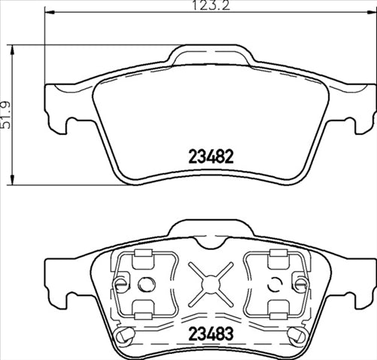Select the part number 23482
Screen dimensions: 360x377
coord(211,157)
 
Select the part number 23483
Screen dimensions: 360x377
coord(211,333)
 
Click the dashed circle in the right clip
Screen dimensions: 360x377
coord(274,284)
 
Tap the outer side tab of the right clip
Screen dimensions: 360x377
coord(300,284)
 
